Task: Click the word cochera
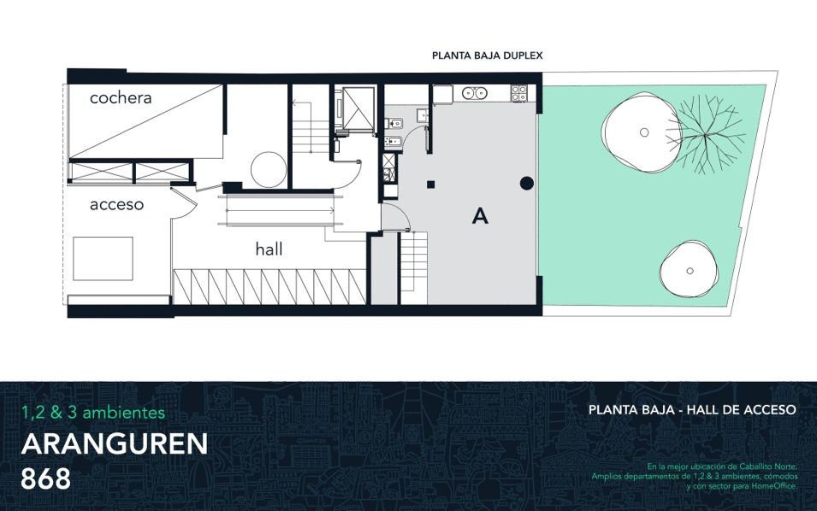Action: tap(121, 97)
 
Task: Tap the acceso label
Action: tap(116, 204)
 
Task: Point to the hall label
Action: tap(269, 250)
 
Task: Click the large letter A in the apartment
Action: tap(480, 216)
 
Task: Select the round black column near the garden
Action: tap(527, 183)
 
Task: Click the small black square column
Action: tap(431, 185)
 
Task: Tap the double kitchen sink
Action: tap(475, 93)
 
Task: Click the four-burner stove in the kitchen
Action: tap(519, 93)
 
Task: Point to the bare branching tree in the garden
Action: tap(705, 134)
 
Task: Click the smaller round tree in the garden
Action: tap(690, 271)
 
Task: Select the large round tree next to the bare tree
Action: tap(642, 132)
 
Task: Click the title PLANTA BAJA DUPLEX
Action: tap(487, 56)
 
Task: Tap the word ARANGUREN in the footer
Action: tap(115, 443)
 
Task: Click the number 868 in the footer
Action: tap(46, 479)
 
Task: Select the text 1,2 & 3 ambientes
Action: tap(93, 413)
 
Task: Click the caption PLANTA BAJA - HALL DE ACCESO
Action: tap(692, 410)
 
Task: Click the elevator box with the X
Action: tap(358, 108)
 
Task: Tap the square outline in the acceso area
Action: tap(103, 258)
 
